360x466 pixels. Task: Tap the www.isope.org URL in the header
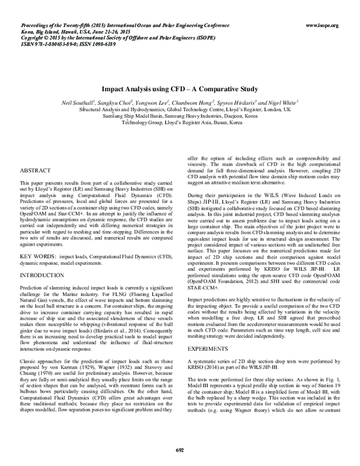[322, 26]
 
